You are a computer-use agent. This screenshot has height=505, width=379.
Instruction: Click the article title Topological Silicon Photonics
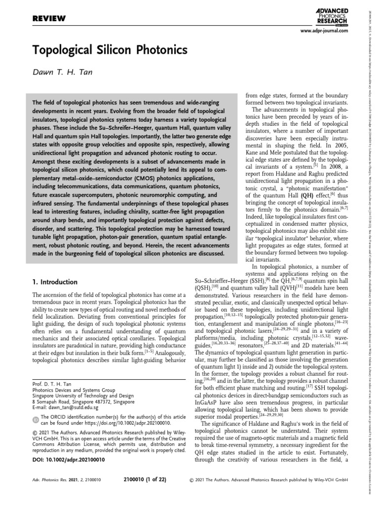click(x=110, y=50)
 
